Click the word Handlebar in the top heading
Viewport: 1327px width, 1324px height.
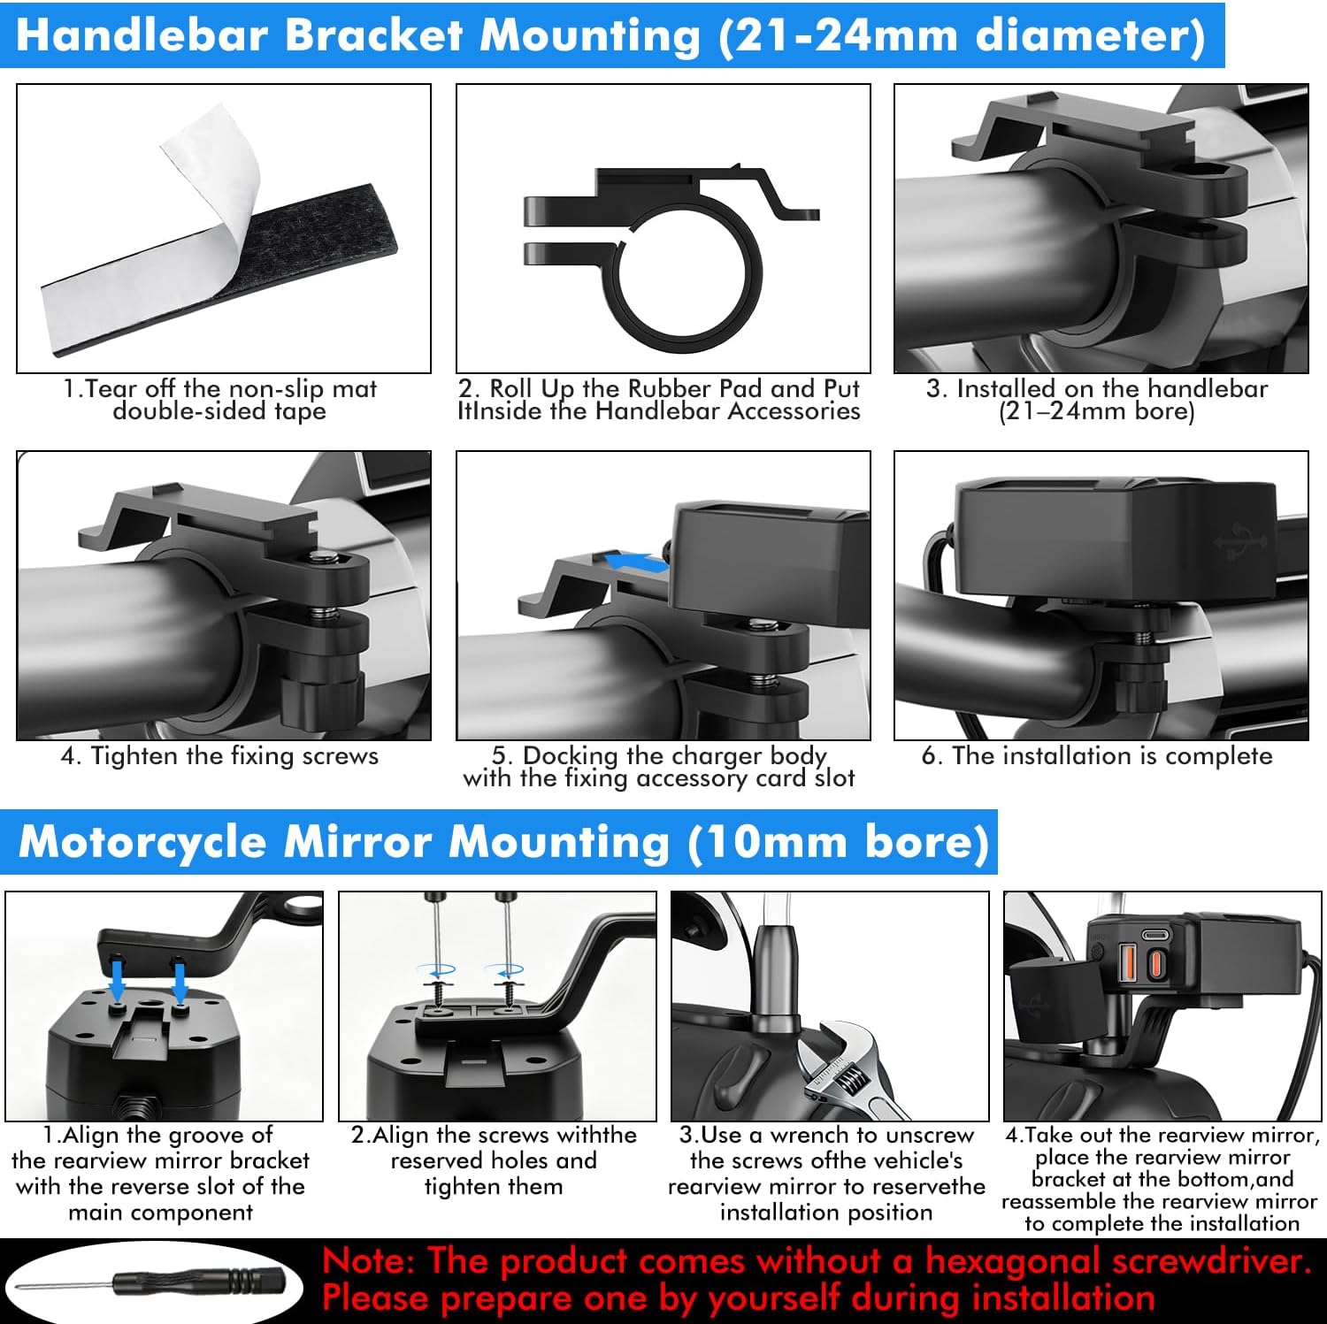142,35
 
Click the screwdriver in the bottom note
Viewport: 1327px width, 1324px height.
150,1282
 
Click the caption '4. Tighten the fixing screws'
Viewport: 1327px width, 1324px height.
219,756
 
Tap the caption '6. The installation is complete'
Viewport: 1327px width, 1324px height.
1097,756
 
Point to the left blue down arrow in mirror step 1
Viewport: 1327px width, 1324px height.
117,982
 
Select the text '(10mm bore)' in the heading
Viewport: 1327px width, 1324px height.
838,843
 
